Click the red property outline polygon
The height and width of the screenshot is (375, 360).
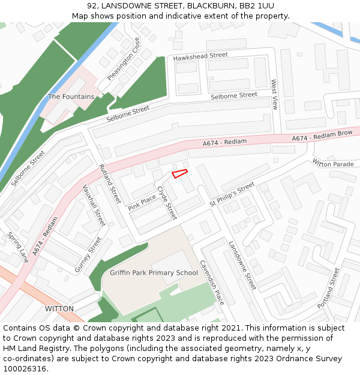click(x=180, y=173)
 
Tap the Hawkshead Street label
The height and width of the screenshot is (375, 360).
click(x=200, y=56)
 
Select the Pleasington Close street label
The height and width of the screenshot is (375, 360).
click(x=124, y=59)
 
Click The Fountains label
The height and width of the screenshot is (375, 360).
click(x=71, y=97)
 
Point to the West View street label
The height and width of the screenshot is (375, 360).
click(x=274, y=95)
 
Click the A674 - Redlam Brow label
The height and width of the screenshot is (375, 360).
click(x=322, y=136)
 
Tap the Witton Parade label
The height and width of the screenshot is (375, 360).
click(x=333, y=164)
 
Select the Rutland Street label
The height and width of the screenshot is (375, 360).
click(x=110, y=182)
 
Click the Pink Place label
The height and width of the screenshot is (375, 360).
click(x=142, y=203)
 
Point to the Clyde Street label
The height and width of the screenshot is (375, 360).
click(x=167, y=202)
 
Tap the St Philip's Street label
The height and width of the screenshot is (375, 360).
click(x=232, y=196)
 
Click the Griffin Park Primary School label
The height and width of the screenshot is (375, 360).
click(x=154, y=273)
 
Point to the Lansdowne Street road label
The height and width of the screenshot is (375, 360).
click(x=242, y=265)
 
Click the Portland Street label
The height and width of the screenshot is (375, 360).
click(x=329, y=288)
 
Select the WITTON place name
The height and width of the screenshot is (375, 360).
click(x=59, y=308)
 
